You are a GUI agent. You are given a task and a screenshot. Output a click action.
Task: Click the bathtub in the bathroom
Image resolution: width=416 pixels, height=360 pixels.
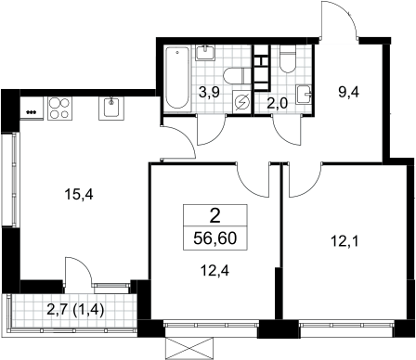point(176,79)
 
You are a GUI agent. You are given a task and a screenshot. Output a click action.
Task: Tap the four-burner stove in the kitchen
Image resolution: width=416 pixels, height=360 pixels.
point(59,109)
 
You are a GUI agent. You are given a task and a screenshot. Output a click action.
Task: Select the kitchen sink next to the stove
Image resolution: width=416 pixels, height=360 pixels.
point(111,109)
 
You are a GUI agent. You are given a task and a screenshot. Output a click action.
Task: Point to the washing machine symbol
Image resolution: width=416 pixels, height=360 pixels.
point(242,102)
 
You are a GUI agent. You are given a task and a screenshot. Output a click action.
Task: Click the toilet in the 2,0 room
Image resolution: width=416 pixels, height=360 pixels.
point(288,59)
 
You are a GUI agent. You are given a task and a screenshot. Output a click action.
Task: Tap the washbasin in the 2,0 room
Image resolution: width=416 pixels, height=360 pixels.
point(304,94)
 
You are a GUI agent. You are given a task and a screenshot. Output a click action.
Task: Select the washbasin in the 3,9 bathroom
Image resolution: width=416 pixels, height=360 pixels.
point(205,53)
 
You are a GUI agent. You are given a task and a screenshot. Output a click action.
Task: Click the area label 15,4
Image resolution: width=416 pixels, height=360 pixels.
point(79,195)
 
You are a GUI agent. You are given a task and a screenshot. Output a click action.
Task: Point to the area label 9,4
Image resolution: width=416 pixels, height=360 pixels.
point(348,92)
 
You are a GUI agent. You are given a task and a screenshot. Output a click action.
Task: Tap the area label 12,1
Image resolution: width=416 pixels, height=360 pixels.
point(344,241)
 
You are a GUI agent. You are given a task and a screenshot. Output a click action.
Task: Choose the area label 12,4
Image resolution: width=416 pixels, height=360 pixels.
point(214,271)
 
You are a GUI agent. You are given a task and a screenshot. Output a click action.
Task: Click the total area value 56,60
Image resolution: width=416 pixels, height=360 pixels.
point(215,238)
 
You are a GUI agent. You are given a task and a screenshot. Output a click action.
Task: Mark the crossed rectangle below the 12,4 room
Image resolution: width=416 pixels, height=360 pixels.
point(189,349)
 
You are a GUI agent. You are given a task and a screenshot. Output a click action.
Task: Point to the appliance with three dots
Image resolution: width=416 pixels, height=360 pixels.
point(31,112)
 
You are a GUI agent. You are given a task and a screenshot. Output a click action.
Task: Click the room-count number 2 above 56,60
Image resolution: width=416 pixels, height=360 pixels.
point(215,216)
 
